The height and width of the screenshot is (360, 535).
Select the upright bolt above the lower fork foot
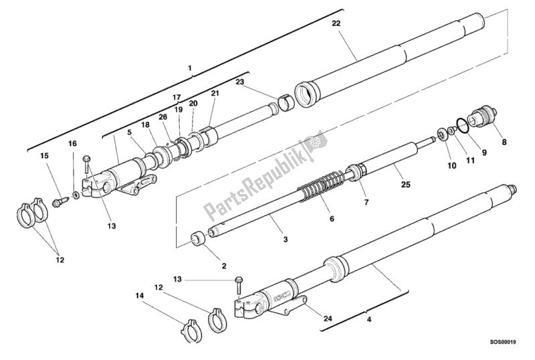click(237, 284)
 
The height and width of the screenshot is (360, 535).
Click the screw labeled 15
click(58, 199)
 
